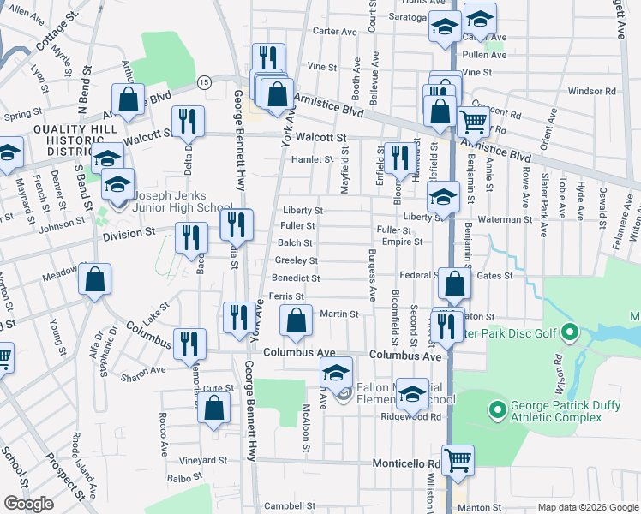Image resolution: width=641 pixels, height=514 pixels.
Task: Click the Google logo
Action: point(28,505)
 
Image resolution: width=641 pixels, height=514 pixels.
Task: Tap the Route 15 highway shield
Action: point(203,81)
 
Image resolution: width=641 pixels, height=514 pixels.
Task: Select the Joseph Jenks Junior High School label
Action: point(182,206)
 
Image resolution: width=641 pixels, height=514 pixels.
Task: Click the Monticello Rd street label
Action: point(406,464)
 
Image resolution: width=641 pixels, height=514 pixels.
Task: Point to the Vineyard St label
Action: point(202,460)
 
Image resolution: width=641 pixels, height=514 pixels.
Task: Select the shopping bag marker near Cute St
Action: point(213,408)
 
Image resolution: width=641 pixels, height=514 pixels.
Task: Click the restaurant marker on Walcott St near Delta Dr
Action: point(188,121)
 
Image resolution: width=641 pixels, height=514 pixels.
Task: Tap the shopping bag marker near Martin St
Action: point(296,321)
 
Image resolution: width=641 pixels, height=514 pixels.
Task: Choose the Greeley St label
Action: point(297,260)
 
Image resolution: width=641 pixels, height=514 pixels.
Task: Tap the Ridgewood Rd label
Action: point(417,417)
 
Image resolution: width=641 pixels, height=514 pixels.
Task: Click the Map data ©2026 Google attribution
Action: point(586,507)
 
